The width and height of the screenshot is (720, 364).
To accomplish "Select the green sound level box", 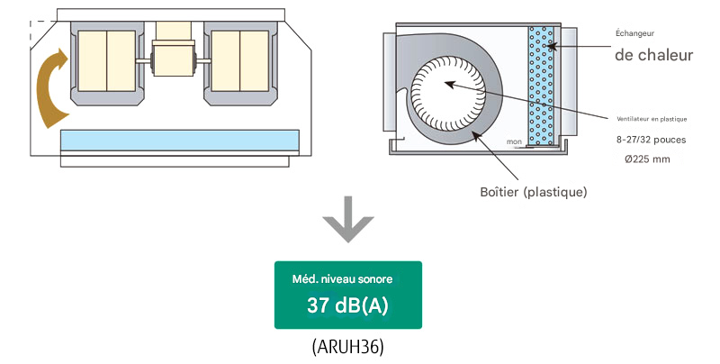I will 347,296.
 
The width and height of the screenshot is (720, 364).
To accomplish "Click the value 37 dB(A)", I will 347,305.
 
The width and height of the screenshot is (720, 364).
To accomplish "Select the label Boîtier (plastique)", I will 535,192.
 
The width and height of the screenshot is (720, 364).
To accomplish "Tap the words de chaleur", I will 654,55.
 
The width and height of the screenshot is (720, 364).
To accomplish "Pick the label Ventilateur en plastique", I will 652,119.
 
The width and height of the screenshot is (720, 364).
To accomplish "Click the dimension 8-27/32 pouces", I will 652,140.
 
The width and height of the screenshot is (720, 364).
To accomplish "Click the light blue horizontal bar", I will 179,140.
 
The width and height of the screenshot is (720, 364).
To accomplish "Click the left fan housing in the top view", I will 106,59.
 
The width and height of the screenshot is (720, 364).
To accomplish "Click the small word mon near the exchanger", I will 515,141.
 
